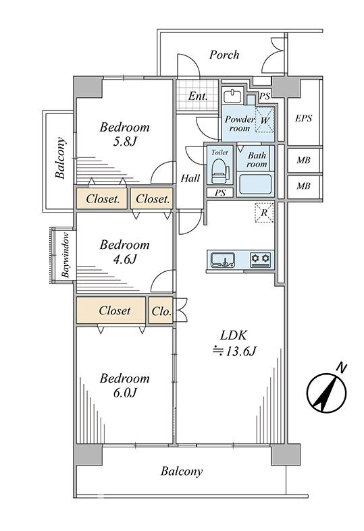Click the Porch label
pos(224,55)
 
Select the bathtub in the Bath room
pos(255,184)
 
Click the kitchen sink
pos(224,260)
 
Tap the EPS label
pos(303,118)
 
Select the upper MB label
pos(303,160)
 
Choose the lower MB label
pos(303,186)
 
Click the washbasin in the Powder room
pos(233,95)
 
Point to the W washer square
pos(265,120)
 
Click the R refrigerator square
pos(264,213)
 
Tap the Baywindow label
pos(66,254)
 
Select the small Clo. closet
pos(161,311)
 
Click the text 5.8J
pos(125,142)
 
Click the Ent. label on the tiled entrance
pos(198,96)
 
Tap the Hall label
pos(190,178)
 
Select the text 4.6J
pos(125,259)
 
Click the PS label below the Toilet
pos(220,193)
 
